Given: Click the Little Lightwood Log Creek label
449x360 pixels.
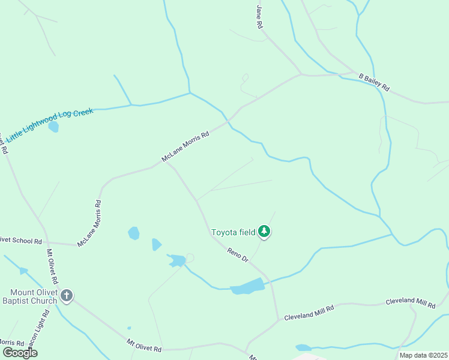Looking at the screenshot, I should point(50,125).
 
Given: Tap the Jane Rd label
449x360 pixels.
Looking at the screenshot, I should point(260,17).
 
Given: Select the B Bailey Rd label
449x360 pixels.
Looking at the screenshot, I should point(374,83).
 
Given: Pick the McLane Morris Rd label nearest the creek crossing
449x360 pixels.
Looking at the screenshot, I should point(185,147).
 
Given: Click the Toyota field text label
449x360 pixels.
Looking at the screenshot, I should point(233,232).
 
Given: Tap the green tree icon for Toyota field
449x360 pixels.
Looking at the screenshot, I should point(264,231).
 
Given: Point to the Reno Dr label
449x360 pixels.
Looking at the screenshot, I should point(238,254).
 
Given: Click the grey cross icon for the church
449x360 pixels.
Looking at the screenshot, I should point(67,296).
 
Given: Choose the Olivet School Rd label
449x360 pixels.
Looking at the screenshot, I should point(20,241).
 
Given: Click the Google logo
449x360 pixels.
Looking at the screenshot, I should point(19,352).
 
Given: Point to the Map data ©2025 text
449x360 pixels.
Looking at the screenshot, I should point(423,355).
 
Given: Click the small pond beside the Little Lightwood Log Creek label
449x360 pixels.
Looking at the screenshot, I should point(54,127).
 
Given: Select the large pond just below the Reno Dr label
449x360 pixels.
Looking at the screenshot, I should point(247,287).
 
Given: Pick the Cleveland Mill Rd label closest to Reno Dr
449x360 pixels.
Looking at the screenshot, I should point(309,311).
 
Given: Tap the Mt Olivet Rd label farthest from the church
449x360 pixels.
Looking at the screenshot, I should point(144,346).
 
